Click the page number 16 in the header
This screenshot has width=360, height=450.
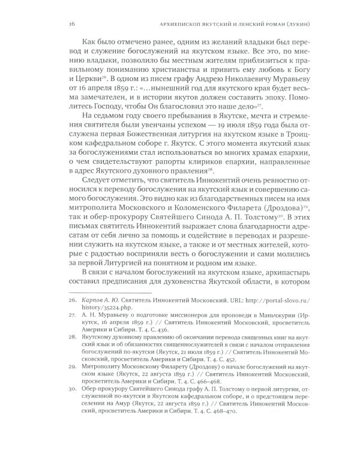(55, 25)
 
